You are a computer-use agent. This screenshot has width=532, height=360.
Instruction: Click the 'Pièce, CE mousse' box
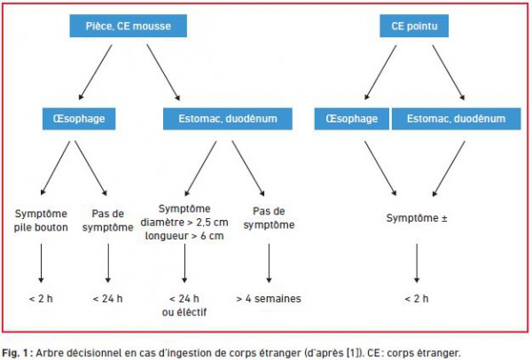129,26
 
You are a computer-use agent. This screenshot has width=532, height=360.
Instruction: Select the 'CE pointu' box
414,26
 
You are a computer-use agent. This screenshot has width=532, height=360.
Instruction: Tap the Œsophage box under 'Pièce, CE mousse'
79,119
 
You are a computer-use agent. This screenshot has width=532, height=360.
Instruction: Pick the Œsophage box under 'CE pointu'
351,119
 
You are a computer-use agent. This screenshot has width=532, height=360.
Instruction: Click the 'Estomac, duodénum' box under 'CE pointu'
456,119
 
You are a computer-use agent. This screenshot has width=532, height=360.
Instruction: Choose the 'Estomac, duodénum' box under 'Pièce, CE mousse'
228,119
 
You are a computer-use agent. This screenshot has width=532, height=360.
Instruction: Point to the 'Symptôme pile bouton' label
41,221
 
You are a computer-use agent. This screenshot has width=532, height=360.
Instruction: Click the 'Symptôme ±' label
417,218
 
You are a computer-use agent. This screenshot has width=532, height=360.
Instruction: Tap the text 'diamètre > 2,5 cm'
184,223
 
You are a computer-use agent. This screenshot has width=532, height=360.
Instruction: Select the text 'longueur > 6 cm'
184,236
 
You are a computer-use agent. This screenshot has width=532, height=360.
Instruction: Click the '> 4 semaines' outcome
269,299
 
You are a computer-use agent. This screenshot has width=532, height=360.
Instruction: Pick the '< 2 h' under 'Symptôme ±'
417,299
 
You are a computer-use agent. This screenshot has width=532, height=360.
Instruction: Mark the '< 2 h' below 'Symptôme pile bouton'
41,299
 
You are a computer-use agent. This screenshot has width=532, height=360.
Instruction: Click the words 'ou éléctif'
184,312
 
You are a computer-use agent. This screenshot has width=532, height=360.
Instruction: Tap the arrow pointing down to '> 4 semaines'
269,263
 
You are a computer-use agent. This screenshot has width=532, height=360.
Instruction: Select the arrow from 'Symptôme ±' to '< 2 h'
417,263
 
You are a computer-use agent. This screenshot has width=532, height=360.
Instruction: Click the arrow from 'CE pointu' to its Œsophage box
380,73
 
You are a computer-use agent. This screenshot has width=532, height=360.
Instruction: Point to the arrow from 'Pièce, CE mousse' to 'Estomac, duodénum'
163,73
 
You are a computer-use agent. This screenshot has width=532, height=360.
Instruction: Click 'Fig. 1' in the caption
16,353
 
